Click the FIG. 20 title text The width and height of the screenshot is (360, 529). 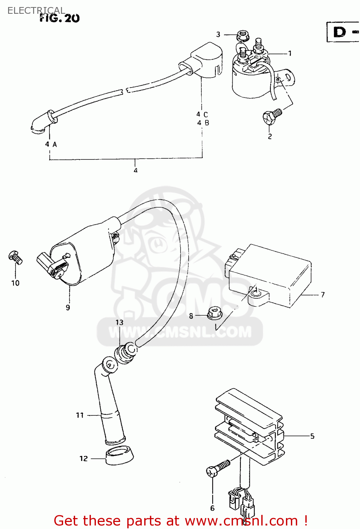coord(60,18)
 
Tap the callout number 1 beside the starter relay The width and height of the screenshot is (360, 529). coord(290,54)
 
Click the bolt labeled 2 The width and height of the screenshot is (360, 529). coord(272,116)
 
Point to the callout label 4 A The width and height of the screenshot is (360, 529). coord(51,144)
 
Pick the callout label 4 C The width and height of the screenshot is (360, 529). coord(202,114)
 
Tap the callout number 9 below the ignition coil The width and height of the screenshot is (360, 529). coord(68,308)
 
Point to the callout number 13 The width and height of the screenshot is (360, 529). coord(120,322)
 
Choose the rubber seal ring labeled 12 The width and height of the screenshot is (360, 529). coord(120,456)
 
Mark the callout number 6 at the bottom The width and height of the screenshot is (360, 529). coord(212,508)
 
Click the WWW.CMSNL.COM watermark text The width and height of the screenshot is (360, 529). coord(180,332)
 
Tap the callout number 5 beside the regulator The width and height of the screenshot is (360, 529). coord(312,436)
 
